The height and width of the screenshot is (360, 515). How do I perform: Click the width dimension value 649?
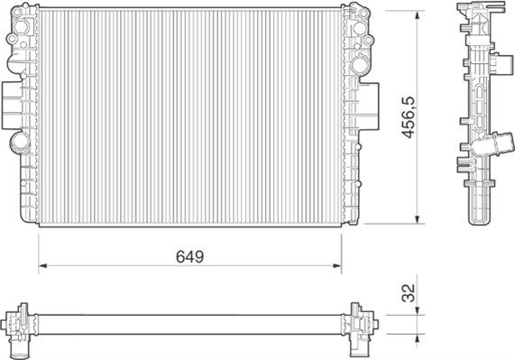[x=189, y=256]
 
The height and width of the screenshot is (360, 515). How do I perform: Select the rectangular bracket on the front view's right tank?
[x=370, y=97]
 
